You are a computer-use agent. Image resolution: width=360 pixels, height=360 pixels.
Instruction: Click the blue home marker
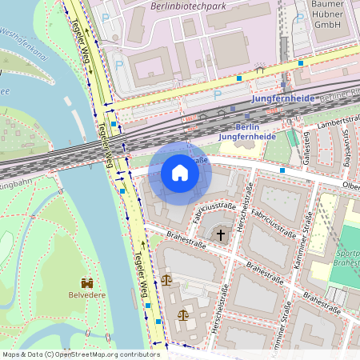click(x=180, y=172)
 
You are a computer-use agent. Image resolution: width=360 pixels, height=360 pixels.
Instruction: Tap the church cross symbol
click(x=221, y=236)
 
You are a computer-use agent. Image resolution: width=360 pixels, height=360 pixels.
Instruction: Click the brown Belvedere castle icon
click(x=86, y=282)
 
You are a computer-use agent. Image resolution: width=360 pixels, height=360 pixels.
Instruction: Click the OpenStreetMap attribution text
click(x=70, y=354)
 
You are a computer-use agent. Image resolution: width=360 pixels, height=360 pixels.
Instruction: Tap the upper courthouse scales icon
click(x=166, y=280)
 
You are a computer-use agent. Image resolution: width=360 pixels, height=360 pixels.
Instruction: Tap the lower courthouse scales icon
click(x=183, y=314)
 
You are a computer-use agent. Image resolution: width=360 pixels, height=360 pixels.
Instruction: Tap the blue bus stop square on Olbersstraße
click(x=282, y=170)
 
